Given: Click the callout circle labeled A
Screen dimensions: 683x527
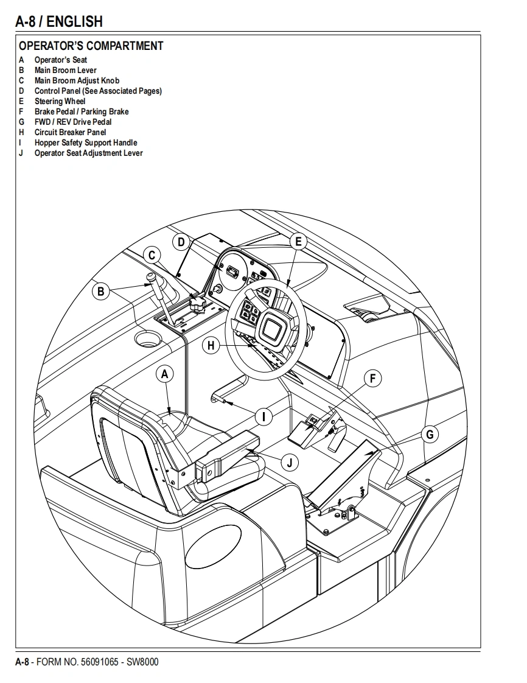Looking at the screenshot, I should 165,374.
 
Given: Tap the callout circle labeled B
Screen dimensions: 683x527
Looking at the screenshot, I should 101,292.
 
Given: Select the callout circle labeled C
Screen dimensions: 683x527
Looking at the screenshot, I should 152,256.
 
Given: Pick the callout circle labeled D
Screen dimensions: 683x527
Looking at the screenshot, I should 181,242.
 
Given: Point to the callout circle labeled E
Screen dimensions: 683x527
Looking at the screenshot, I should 298,242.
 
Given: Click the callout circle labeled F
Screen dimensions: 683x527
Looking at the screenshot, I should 373,378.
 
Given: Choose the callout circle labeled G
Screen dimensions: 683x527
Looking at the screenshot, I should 430,434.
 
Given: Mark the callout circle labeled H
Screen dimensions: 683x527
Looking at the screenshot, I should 211,346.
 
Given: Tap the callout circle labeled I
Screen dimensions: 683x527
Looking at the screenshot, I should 263,416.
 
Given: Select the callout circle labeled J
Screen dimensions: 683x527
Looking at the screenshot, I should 290,463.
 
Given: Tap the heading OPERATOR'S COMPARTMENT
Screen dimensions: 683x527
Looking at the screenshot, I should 91,46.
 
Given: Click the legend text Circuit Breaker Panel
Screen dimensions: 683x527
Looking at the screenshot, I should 70,132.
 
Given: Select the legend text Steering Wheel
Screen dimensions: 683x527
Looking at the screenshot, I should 60,101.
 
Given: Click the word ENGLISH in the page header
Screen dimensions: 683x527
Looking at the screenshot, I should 74,23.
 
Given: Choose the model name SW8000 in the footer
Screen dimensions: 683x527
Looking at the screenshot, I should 142,662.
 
